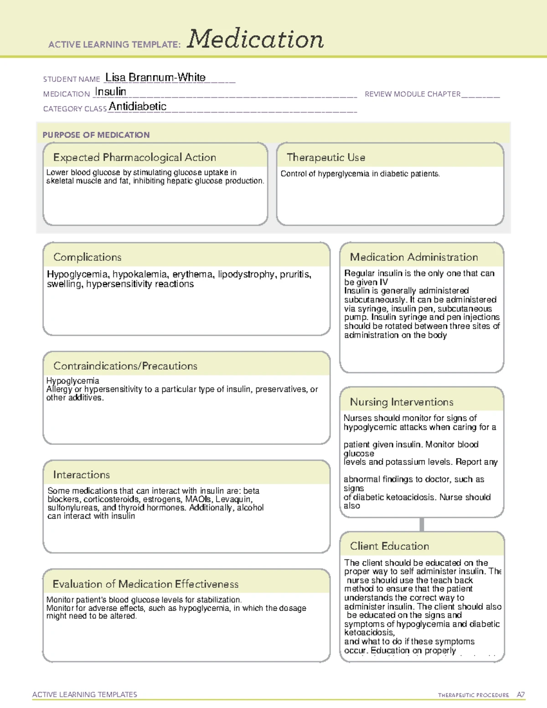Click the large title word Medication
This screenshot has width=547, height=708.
(x=255, y=39)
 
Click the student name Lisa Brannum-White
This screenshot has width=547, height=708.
(x=155, y=78)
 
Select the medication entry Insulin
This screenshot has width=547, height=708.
(x=110, y=92)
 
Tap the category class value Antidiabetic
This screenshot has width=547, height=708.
(x=138, y=107)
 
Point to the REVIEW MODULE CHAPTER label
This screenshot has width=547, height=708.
(x=413, y=94)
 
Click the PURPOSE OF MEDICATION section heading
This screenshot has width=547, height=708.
(x=96, y=135)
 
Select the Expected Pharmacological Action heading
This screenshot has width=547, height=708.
(x=134, y=157)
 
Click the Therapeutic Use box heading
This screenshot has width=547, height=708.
(x=325, y=157)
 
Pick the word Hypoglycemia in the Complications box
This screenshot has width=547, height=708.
(x=77, y=274)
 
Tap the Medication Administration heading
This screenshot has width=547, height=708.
(x=413, y=257)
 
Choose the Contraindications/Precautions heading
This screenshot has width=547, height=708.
(x=125, y=366)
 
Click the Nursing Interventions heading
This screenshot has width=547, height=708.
(x=401, y=402)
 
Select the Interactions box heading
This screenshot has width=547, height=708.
(x=81, y=475)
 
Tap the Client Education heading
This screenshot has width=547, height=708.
(x=389, y=546)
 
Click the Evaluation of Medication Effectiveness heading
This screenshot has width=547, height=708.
(x=145, y=584)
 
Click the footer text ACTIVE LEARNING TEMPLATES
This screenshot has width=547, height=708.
(x=84, y=694)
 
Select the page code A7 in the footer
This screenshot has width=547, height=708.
(x=520, y=695)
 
